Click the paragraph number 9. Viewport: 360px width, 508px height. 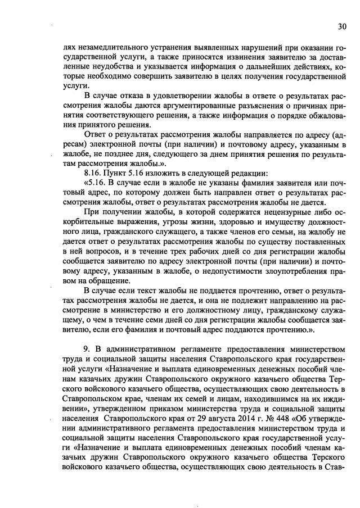[x=87, y=348]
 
